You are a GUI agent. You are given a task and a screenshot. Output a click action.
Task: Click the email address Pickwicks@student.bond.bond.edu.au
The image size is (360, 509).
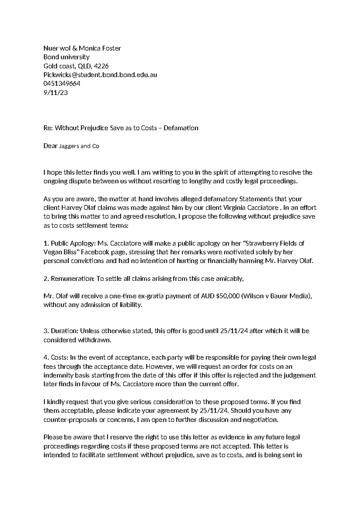pyautogui.click(x=100, y=75)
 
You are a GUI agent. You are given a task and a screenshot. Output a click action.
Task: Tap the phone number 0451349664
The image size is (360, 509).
pyautogui.click(x=62, y=84)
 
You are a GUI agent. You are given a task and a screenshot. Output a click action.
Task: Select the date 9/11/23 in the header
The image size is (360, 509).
pyautogui.click(x=56, y=93)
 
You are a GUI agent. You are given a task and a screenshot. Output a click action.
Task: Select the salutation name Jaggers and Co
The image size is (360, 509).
pyautogui.click(x=79, y=146)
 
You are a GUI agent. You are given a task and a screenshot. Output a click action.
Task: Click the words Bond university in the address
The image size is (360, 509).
pyautogui.click(x=67, y=57)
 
